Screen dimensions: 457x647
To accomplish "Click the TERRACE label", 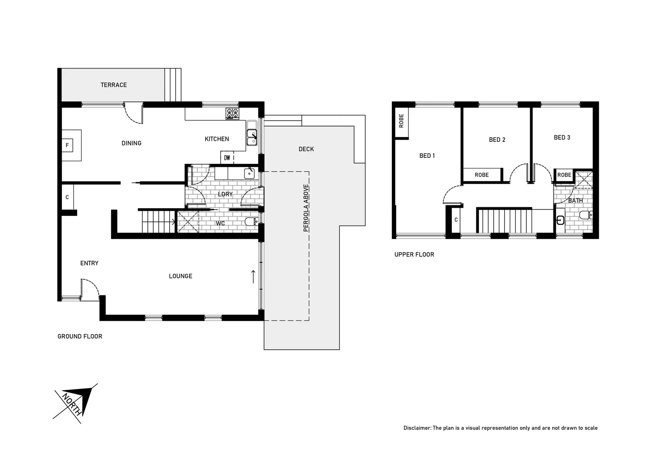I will click(113, 85).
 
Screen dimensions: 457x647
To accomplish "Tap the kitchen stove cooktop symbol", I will click(232, 113).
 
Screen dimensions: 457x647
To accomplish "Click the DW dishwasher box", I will click(227, 158).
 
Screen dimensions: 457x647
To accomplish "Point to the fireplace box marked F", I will click(67, 146).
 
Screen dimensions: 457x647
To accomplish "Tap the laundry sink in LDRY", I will click(248, 173).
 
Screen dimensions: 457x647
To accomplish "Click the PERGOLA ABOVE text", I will click(306, 208).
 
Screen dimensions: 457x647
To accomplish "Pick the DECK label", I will click(306, 149).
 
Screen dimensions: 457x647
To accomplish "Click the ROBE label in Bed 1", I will click(401, 121).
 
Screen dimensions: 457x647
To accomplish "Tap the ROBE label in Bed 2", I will click(482, 175).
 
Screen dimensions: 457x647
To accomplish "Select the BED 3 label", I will click(562, 138).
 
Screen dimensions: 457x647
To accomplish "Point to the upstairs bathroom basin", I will click(560, 220).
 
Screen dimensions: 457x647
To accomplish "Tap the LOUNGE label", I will click(180, 276).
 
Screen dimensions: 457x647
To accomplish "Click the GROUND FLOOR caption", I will click(80, 336).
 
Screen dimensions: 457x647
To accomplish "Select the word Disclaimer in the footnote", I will click(416, 428).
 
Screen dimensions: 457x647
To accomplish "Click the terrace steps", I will click(173, 85).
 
